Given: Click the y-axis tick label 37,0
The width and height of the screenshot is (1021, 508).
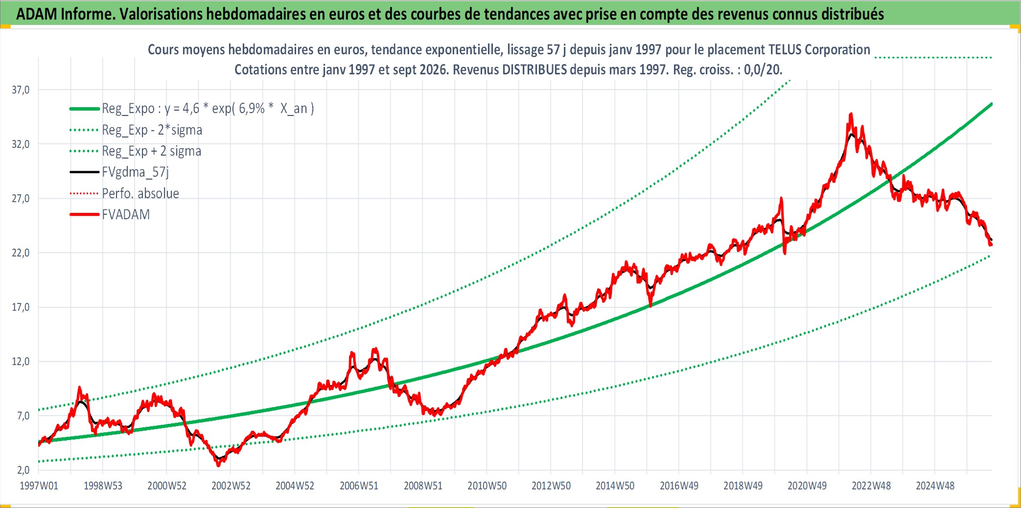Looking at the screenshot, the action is [21, 90].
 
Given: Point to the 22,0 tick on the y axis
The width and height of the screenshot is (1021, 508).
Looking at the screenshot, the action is [21, 253].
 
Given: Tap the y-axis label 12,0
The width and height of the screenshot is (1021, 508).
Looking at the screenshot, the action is [21, 361].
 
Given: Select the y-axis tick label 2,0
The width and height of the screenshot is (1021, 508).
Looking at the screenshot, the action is [23, 470].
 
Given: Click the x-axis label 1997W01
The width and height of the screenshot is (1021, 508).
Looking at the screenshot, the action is [39, 485].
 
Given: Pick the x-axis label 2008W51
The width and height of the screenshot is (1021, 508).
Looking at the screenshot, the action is [423, 485].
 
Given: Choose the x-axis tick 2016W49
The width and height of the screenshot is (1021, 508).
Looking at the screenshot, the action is [679, 485].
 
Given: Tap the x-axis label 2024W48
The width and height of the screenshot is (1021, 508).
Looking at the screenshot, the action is [935, 485].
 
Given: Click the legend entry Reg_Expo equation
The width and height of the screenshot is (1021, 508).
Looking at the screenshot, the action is [208, 108].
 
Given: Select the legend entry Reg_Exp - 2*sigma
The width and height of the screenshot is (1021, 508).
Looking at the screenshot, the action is [152, 130].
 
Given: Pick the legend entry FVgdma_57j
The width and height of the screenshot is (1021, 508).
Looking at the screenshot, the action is [135, 172].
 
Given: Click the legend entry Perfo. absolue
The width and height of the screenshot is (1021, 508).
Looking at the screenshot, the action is [140, 193].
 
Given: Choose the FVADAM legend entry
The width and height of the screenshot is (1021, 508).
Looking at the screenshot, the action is [126, 214].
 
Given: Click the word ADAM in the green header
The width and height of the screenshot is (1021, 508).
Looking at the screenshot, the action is [37, 14].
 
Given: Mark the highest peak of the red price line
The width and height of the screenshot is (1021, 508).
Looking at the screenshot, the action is [851, 114].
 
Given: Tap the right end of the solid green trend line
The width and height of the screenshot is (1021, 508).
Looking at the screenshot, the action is [992, 104].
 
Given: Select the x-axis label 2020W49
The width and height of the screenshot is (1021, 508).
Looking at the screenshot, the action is [807, 485].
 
